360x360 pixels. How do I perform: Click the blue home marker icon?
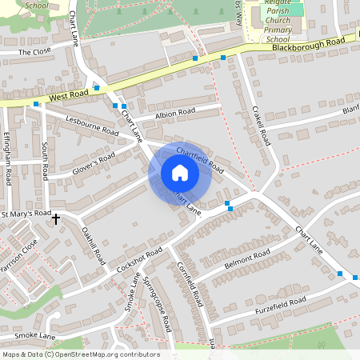tap(180, 173)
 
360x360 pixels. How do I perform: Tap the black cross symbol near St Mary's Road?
tap(56, 218)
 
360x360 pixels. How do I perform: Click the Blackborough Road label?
tap(308, 43)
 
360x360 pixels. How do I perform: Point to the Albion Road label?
tap(175, 113)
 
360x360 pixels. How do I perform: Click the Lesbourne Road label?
tap(92, 126)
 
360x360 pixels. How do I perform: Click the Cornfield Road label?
tap(188, 285)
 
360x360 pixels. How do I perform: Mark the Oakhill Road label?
tap(94, 246)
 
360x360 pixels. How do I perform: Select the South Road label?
tap(45, 160)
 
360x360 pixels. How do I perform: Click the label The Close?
tap(34, 52)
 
